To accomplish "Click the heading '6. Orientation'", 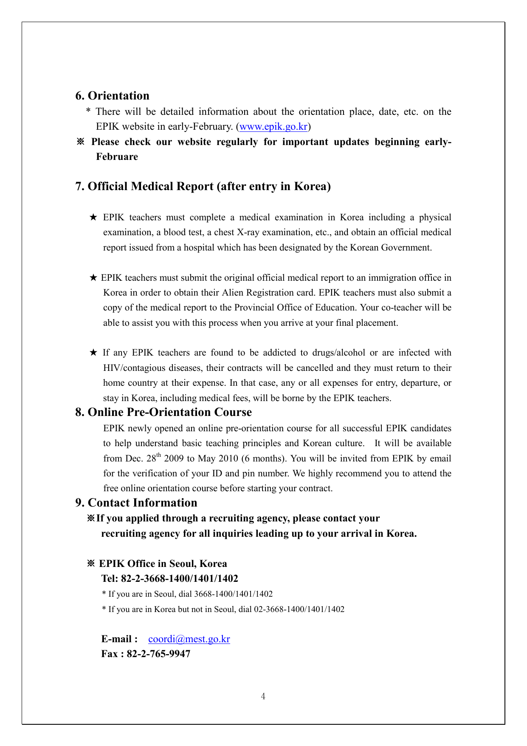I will click(x=112, y=96).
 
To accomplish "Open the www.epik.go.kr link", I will click(x=273, y=127).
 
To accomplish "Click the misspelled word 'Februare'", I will click(x=117, y=157).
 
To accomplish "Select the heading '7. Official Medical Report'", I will click(x=203, y=186).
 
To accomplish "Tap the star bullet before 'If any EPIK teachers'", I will click(x=93, y=353).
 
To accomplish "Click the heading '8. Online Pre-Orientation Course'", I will click(x=163, y=412).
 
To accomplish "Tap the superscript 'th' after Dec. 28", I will click(x=159, y=456).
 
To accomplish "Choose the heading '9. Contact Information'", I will click(x=136, y=503).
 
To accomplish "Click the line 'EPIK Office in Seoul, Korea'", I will click(x=163, y=564).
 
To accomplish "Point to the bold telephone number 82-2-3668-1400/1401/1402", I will click(x=180, y=578).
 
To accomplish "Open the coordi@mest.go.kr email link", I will click(x=189, y=639).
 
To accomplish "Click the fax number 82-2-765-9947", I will click(x=158, y=654).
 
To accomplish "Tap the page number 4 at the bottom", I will click(x=263, y=696).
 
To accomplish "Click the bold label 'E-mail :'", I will click(x=119, y=639).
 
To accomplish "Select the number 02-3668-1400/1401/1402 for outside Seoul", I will click(x=299, y=609).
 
